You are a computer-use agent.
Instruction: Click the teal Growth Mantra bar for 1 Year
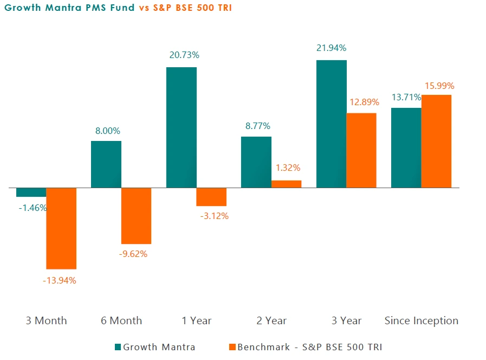coord(181,127)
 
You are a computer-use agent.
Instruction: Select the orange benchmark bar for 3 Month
coord(61,228)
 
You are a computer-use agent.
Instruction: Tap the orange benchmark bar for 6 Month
coord(136,216)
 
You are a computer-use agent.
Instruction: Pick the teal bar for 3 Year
coord(331,124)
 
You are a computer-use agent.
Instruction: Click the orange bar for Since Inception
coord(436,142)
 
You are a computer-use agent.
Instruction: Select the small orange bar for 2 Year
coord(286,184)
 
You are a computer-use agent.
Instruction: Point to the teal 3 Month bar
coord(31,192)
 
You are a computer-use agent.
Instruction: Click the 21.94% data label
coord(331,48)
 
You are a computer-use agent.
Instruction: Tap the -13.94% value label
coord(60,280)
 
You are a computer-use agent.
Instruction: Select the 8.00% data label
coord(106,131)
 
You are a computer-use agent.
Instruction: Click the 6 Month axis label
coord(121,320)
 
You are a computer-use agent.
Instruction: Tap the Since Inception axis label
coord(421,320)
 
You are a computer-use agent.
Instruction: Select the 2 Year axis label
coord(271,320)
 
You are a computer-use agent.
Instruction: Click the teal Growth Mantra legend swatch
coord(118,347)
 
